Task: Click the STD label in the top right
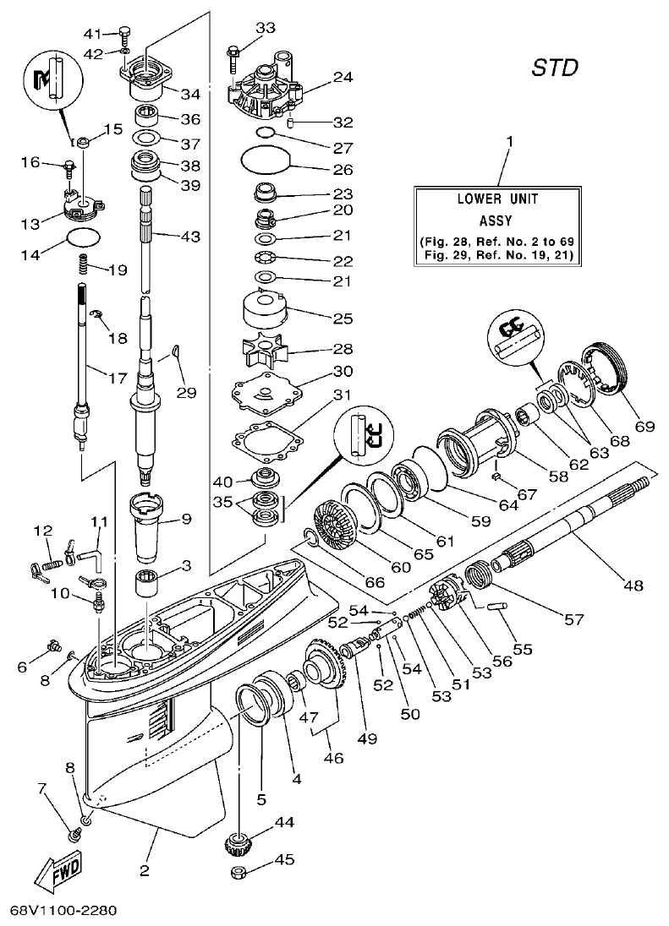pos(555,68)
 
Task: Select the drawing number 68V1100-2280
pos(63,912)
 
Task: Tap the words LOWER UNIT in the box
pos(498,199)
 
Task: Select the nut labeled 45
pos(242,870)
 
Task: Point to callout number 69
pos(644,427)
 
